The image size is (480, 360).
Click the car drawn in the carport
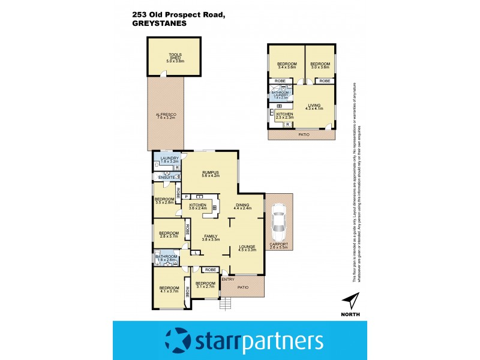pos(279,220)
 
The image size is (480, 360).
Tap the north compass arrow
pos(350,301)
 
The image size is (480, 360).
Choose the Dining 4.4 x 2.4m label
pos(242,207)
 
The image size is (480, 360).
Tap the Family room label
pos(209,238)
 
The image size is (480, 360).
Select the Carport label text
pos(279,246)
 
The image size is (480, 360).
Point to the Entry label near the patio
pos(228,279)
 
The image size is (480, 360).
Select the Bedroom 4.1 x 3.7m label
pos(169,289)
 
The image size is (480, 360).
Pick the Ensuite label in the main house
pos(166,178)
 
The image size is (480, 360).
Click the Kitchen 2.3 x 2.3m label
pos(284,116)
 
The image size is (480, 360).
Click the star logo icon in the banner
pos(179,341)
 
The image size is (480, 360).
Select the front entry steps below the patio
pos(226,304)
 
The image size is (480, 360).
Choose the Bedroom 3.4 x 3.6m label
pos(286,67)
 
